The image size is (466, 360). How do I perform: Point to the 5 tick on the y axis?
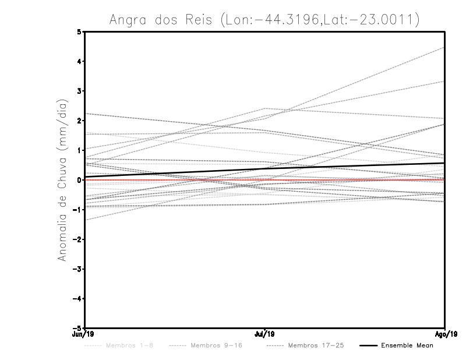[x=79, y=32]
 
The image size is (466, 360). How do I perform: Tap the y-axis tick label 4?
[x=79, y=62]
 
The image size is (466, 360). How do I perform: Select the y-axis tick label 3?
[x=79, y=91]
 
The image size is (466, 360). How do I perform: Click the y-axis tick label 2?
[x=79, y=121]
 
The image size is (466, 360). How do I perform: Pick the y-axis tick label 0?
[x=79, y=180]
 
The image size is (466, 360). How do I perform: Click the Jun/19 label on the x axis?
[x=85, y=334]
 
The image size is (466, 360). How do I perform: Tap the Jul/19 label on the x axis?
[x=265, y=334]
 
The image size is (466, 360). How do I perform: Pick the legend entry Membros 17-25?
[x=316, y=345]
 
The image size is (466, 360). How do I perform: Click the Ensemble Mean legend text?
[x=407, y=345]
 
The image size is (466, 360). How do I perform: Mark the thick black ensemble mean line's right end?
[x=444, y=163]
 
